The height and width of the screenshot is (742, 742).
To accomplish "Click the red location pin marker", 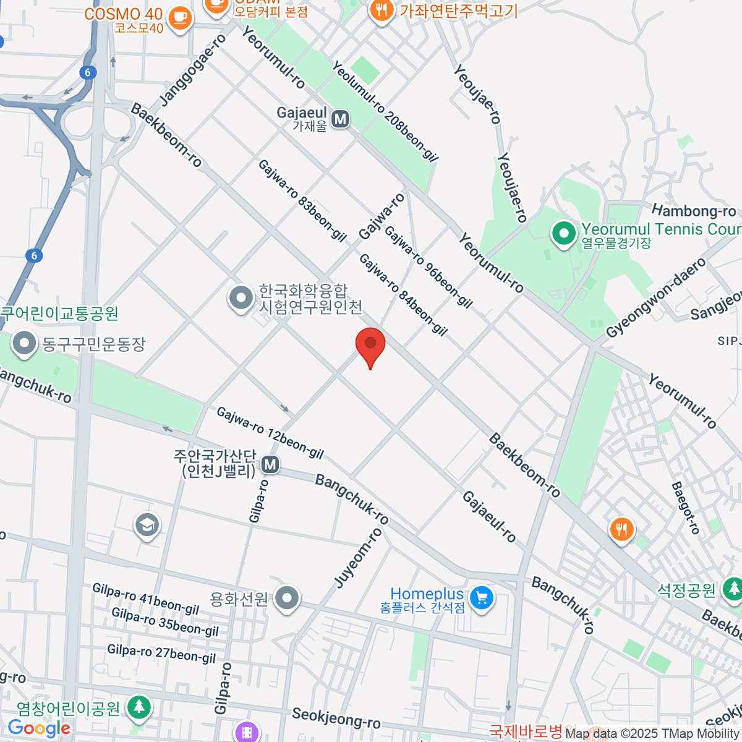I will click(x=370, y=344).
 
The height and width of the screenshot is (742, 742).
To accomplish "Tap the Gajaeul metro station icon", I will click(x=340, y=118).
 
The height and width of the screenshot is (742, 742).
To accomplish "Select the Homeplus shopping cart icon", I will click(x=482, y=598).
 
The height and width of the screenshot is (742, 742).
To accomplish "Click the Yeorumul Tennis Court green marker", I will click(x=563, y=234).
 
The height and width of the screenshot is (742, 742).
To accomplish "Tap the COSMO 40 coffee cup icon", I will click(x=180, y=17).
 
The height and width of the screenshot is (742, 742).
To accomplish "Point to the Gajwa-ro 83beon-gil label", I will click(x=302, y=200).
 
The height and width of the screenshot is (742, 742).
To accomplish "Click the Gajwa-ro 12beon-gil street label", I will click(x=270, y=433).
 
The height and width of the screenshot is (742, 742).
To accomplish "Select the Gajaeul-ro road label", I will click(x=489, y=516).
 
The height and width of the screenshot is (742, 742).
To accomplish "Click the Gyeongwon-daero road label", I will click(x=655, y=298).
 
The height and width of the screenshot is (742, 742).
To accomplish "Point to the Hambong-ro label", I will click(x=694, y=211).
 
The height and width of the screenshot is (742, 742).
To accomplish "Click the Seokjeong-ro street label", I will click(x=336, y=718).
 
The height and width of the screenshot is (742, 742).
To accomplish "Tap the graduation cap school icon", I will click(x=147, y=526).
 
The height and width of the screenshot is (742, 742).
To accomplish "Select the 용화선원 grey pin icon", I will click(x=287, y=598).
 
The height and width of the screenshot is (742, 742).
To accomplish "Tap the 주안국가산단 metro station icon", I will click(x=270, y=464).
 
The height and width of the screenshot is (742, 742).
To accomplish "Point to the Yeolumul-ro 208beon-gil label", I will click(x=385, y=111).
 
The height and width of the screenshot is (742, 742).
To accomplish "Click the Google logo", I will click(x=40, y=728).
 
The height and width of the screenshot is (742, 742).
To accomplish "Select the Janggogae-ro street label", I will click(x=193, y=70).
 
